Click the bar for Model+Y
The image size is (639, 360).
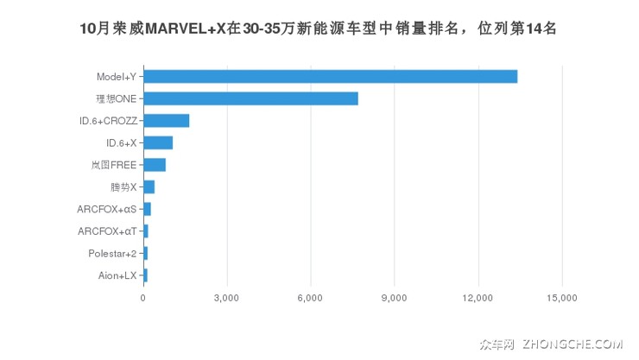click(x=330, y=77)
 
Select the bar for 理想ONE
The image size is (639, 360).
click(x=250, y=98)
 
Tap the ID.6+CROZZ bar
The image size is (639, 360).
click(x=166, y=121)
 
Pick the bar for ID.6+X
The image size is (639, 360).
click(x=158, y=142)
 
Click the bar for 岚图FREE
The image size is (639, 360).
click(x=155, y=165)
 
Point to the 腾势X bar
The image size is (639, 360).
click(x=149, y=187)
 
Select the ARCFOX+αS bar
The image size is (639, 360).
click(x=147, y=209)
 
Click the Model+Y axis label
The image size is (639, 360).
click(x=116, y=77)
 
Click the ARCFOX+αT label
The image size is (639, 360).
click(x=106, y=231)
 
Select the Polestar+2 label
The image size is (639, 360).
click(x=112, y=254)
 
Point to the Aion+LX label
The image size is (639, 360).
click(x=117, y=275)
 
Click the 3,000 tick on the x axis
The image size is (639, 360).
click(x=226, y=298)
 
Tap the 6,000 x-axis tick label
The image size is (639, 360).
click(x=310, y=298)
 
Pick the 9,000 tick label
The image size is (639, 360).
click(x=394, y=298)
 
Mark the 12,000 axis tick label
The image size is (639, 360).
click(x=478, y=298)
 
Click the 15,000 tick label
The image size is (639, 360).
click(x=561, y=298)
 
